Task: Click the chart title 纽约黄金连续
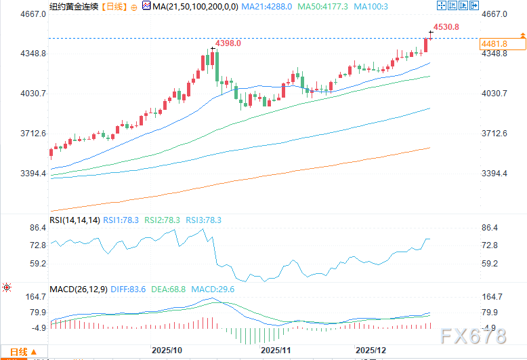[70, 6]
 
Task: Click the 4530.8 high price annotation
[446, 27]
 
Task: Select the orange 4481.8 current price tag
[494, 44]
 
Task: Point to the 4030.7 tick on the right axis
[494, 94]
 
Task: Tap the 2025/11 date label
[275, 351]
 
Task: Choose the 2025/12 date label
[372, 351]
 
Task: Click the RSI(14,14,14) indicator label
[75, 220]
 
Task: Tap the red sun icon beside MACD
[7, 288]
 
